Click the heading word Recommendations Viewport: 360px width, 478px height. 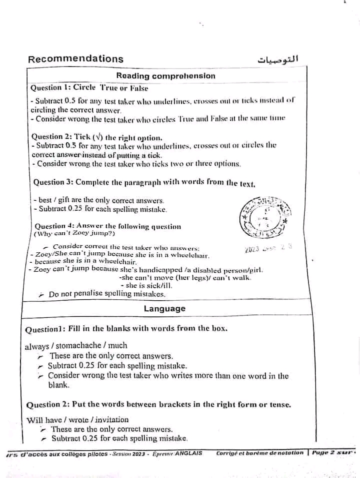pyautogui.click(x=75, y=59)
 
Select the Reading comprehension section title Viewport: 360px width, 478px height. pyautogui.click(x=165, y=76)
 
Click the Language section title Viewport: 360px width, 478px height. pyautogui.click(x=164, y=309)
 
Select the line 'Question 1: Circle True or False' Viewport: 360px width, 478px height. pyautogui.click(x=89, y=88)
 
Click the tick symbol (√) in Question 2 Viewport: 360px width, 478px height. pyautogui.click(x=95, y=137)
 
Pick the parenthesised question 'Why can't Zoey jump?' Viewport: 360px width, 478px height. pyautogui.click(x=74, y=233)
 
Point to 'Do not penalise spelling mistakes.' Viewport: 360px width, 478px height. pyautogui.click(x=107, y=295)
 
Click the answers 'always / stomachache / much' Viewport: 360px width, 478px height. pyautogui.click(x=76, y=345)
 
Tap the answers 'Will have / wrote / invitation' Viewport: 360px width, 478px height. pyautogui.click(x=77, y=420)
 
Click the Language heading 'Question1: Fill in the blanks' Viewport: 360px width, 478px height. pyautogui.click(x=126, y=329)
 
